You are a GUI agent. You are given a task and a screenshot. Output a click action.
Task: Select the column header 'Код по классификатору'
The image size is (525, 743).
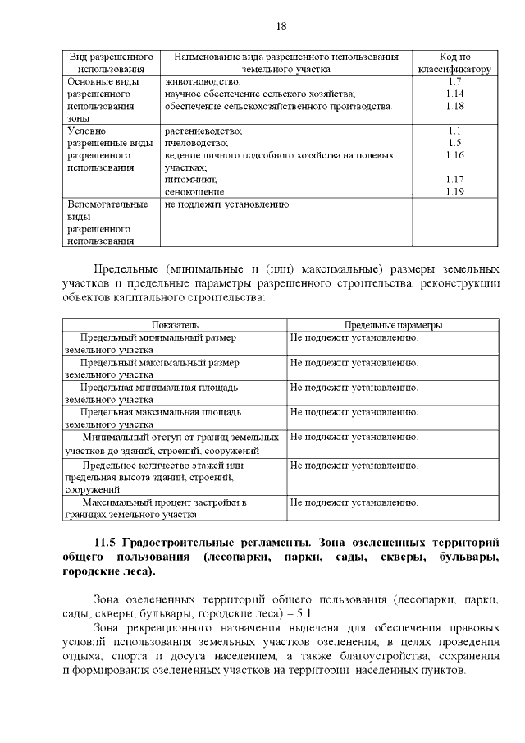coord(454,63)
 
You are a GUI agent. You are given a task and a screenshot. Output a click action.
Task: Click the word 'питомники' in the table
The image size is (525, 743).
coord(190,179)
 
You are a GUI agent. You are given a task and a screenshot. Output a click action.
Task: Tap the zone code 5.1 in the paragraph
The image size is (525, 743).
coord(308,614)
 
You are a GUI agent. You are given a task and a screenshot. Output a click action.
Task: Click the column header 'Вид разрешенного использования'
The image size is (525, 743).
coord(112,63)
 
